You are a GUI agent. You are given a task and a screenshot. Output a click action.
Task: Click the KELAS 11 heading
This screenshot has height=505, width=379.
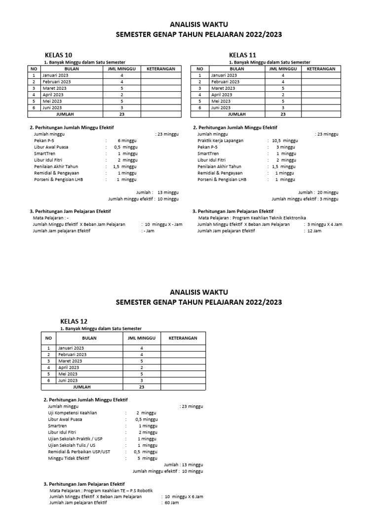point(243,55)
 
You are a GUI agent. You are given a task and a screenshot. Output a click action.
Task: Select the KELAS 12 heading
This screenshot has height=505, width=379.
point(74,321)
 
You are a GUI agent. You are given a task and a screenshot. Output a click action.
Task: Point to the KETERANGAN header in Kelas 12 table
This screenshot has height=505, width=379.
point(183,338)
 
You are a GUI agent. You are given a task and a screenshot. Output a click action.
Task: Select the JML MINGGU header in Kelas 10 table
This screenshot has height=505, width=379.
point(121,69)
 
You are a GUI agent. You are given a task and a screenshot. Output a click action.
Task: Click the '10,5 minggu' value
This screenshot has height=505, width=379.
point(285,141)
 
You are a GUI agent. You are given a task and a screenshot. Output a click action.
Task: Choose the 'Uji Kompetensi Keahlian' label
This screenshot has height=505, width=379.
point(73,413)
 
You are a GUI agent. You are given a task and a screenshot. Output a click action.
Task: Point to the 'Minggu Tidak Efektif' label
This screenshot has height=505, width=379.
point(69,458)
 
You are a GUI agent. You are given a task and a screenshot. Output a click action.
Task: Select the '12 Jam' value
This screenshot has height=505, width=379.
point(314,231)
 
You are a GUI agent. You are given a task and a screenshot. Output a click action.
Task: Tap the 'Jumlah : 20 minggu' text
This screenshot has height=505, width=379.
point(318,192)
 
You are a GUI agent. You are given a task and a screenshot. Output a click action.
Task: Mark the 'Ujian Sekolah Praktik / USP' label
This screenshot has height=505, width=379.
point(76,438)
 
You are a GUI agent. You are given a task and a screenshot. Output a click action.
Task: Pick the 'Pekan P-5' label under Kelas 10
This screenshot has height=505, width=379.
point(44,141)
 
